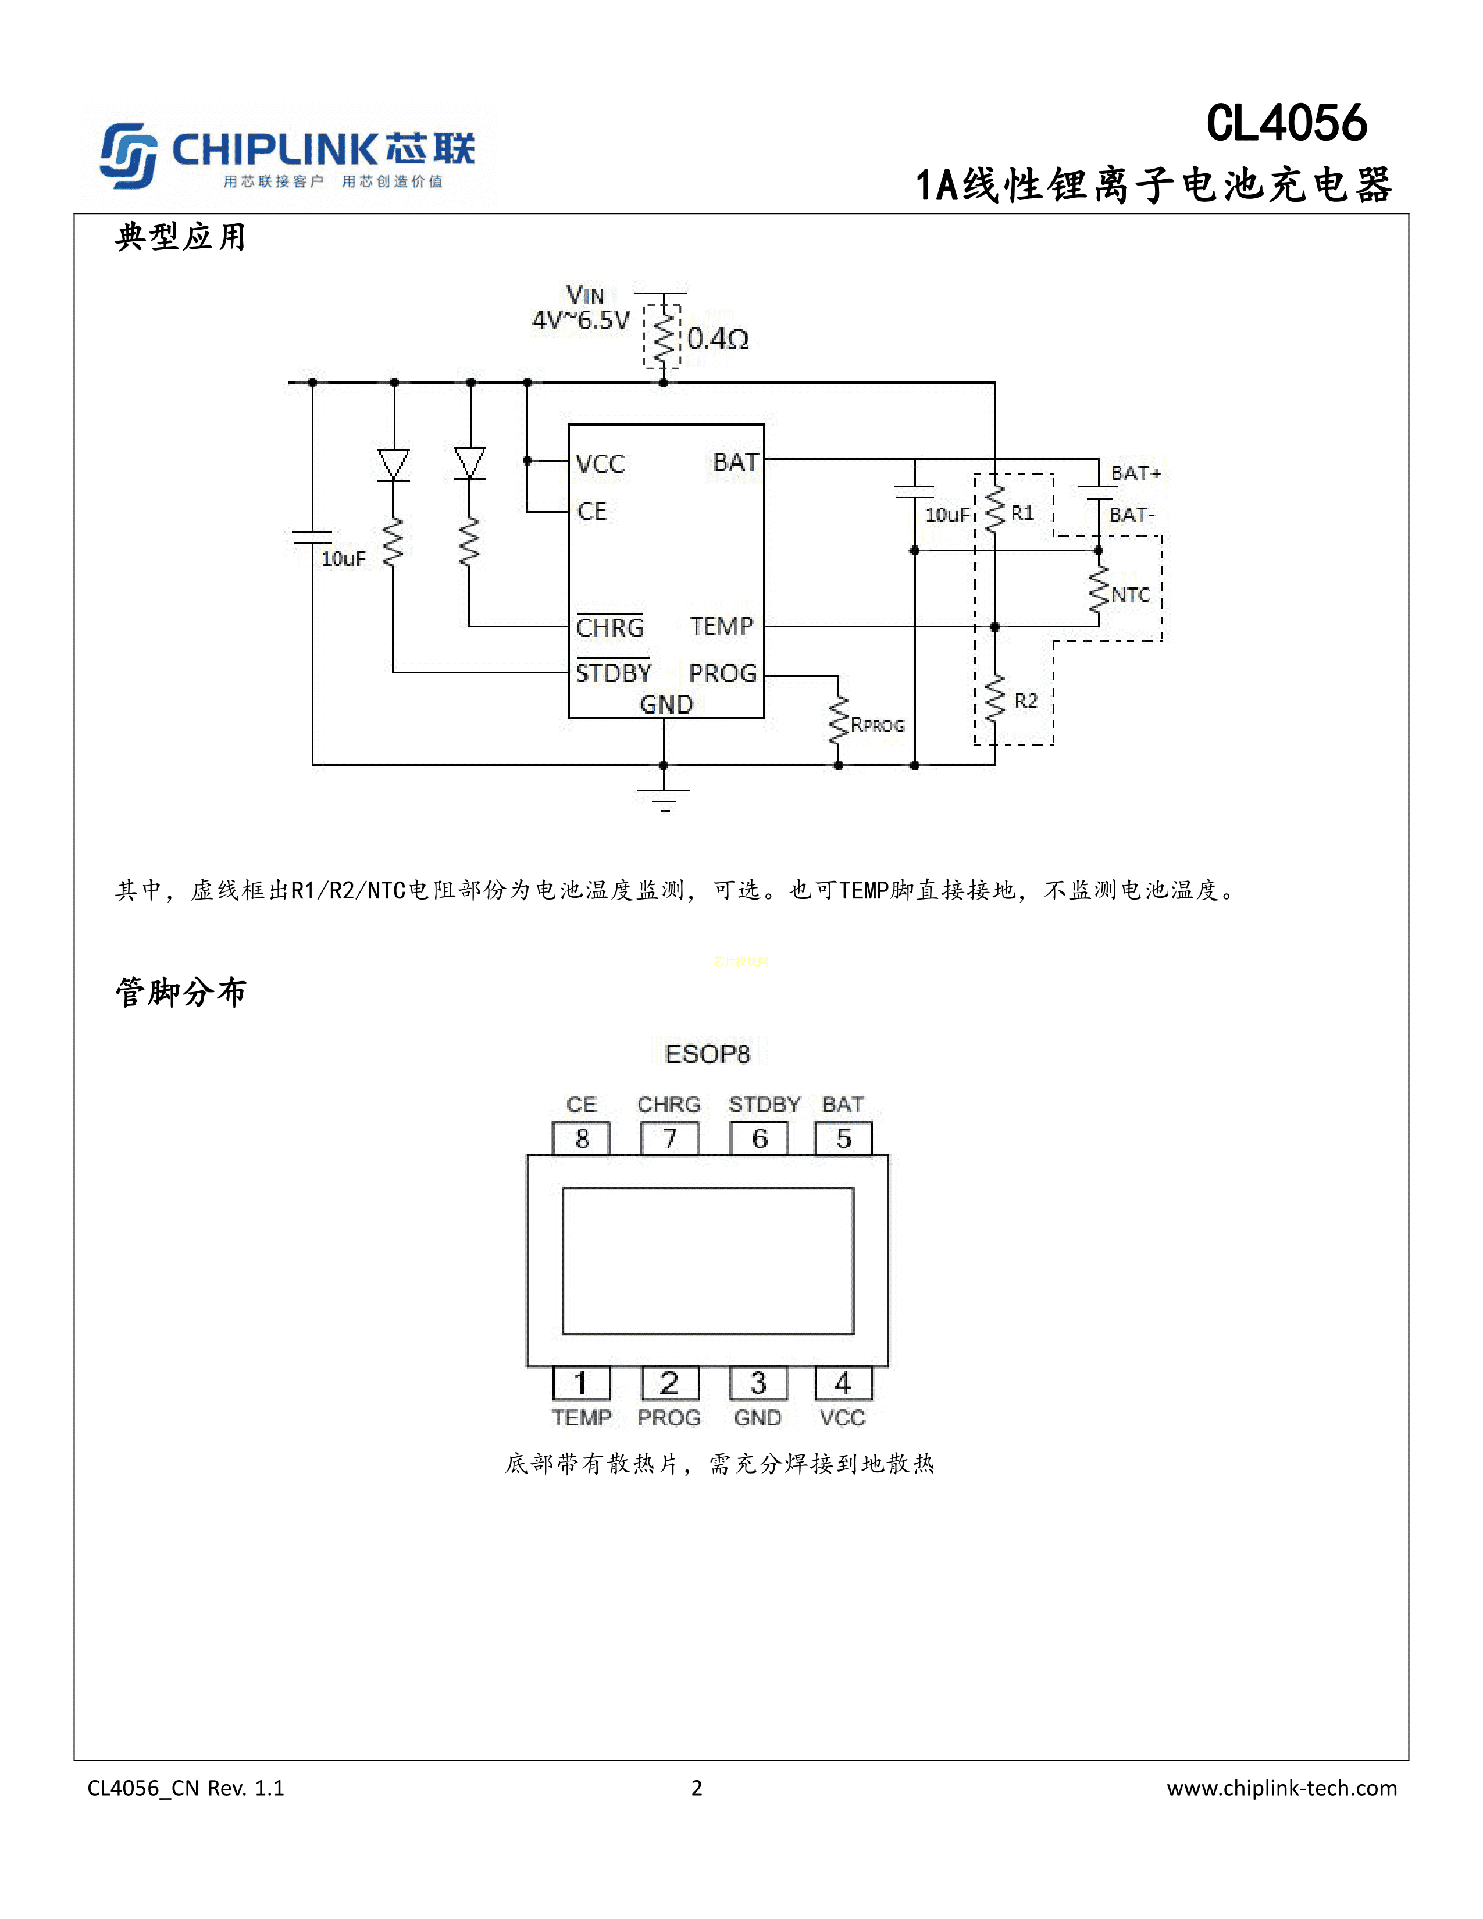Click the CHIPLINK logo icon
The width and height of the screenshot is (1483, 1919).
coord(129,155)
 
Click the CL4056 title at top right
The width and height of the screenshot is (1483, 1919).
coord(1286,123)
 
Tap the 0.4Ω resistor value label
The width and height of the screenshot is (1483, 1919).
coord(718,338)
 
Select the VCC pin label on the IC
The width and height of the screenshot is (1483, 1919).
coord(600,464)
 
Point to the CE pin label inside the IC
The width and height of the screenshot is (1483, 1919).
coord(591,511)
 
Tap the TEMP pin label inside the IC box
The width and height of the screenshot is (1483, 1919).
coord(721,626)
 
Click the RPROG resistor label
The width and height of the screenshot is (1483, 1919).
coord(877,725)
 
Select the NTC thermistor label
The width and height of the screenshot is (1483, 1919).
coord(1130,595)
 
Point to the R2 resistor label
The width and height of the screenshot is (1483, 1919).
coord(1025,700)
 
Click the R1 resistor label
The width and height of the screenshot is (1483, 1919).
coord(1022,513)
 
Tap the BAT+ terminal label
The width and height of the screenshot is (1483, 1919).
coord(1136,473)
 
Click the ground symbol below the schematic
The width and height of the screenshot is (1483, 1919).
coord(664,798)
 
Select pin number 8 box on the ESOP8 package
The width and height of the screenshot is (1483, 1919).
coord(582,1139)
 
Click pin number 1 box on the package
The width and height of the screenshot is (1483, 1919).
coord(581,1384)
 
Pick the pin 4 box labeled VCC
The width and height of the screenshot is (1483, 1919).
coord(843,1384)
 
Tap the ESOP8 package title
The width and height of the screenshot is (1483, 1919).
coord(707,1054)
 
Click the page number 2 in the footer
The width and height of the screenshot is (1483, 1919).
coord(697,1788)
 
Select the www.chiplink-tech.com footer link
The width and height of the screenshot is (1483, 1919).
coord(1281,1788)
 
